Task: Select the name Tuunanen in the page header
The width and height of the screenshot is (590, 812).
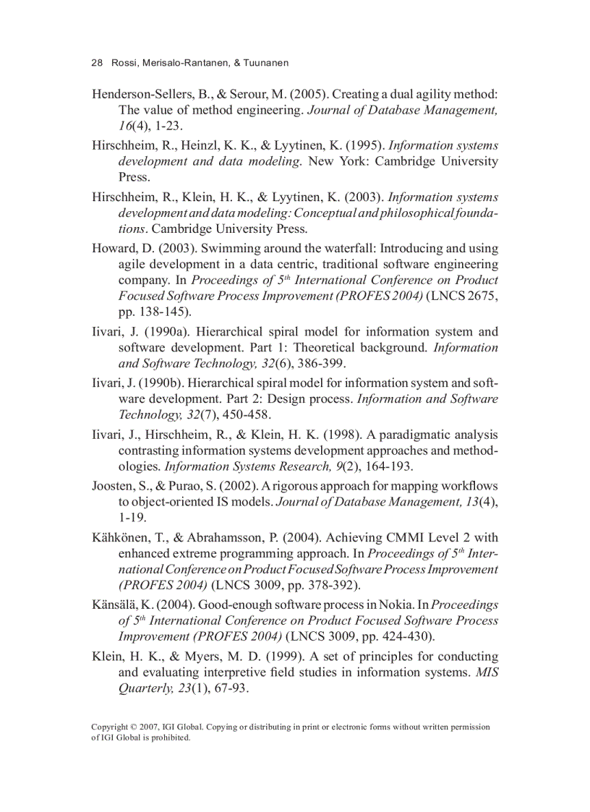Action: point(265,63)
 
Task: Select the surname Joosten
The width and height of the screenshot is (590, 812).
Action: point(116,486)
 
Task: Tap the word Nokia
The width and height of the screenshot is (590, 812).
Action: point(393,604)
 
